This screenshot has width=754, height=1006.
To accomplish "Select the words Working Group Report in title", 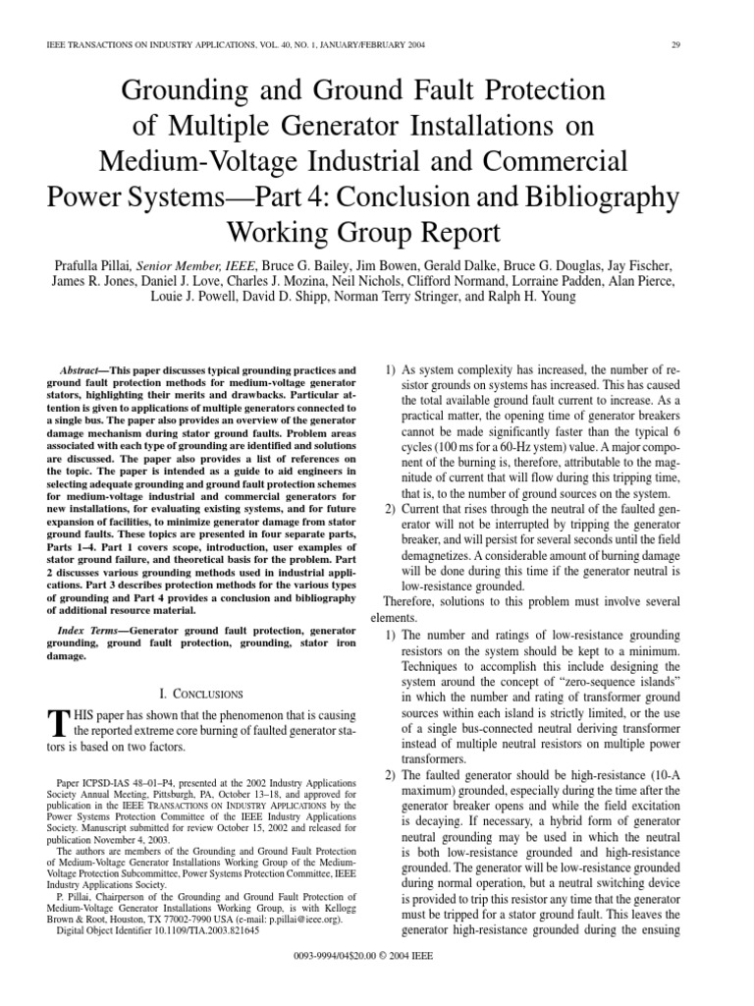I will [x=377, y=232].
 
